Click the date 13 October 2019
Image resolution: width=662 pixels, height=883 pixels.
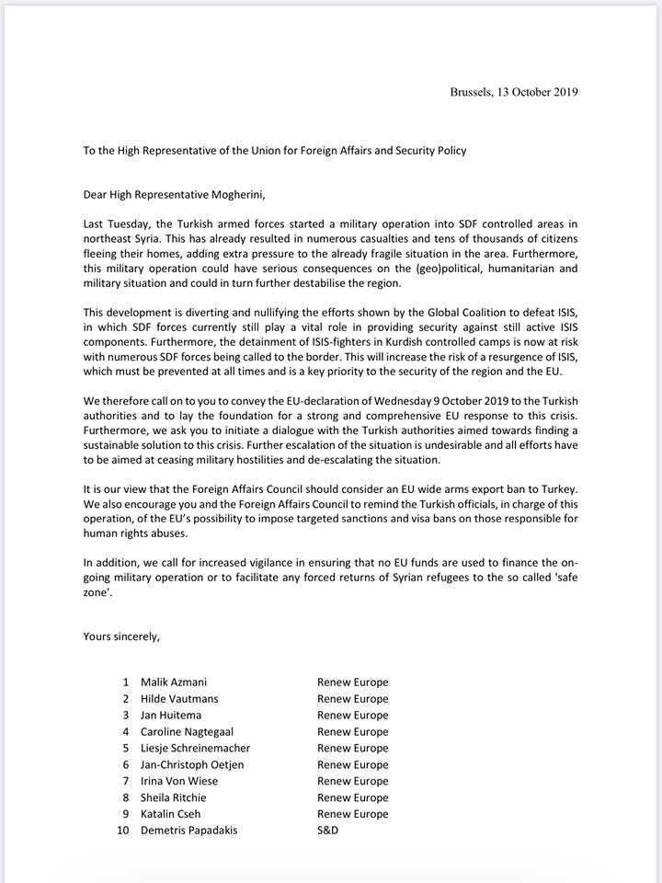click(538, 92)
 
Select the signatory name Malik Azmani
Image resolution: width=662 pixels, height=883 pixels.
click(173, 682)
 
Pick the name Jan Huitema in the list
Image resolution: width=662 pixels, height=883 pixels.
click(171, 715)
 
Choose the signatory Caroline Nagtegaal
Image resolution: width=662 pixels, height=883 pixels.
click(188, 731)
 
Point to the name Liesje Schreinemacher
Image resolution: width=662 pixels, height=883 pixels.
click(195, 748)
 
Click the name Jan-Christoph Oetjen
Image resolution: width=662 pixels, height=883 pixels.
click(192, 764)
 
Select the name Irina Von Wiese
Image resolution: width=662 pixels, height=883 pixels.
click(179, 781)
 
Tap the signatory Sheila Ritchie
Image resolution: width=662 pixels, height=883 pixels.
click(174, 797)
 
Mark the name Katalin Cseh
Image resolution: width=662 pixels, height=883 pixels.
click(172, 814)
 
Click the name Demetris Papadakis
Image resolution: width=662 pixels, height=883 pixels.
click(188, 831)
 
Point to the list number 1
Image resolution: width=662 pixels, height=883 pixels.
click(126, 682)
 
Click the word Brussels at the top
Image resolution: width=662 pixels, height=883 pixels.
click(472, 92)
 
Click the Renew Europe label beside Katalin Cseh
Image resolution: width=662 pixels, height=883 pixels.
click(353, 814)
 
